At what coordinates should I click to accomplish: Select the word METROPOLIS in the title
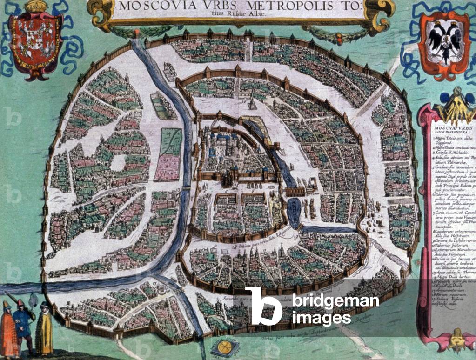251,7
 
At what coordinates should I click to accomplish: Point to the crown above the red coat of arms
36,7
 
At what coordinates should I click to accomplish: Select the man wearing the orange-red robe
8,328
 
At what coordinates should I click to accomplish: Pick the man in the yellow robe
44,330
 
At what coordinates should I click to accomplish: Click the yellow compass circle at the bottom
224,346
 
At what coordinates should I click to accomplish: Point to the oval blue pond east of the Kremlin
295,213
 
